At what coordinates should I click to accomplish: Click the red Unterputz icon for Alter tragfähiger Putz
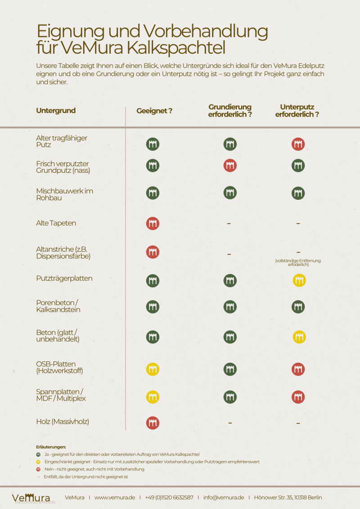pyautogui.click(x=298, y=144)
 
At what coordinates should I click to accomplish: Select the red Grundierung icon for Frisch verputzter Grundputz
pyautogui.click(x=230, y=166)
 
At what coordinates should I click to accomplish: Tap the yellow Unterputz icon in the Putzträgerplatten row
pyautogui.click(x=299, y=280)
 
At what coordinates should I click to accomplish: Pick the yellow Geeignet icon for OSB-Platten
pyautogui.click(x=153, y=369)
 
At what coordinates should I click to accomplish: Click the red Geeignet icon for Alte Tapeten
pyautogui.click(x=153, y=223)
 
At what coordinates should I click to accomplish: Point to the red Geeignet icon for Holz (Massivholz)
pyautogui.click(x=153, y=423)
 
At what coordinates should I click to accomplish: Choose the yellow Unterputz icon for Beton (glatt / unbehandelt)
pyautogui.click(x=299, y=336)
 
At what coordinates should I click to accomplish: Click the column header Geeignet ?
pyautogui.click(x=154, y=111)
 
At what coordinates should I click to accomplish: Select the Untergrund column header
pyautogui.click(x=56, y=111)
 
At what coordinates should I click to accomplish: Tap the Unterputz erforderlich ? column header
pyautogui.click(x=297, y=111)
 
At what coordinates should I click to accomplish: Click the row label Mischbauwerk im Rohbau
pyautogui.click(x=64, y=194)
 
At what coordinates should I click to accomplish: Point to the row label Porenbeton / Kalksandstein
pyautogui.click(x=58, y=306)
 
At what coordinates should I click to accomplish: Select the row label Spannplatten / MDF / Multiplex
pyautogui.click(x=61, y=395)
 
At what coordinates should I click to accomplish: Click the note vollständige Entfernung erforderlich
pyautogui.click(x=298, y=263)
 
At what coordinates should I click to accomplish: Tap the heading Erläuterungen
pyautogui.click(x=51, y=447)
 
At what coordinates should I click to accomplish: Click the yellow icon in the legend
pyautogui.click(x=39, y=462)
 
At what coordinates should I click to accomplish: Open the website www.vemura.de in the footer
pyautogui.click(x=115, y=497)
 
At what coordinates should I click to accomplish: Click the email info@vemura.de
pyautogui.click(x=224, y=497)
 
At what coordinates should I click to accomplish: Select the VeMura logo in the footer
pyautogui.click(x=31, y=498)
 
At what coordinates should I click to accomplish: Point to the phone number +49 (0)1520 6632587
pyautogui.click(x=169, y=497)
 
